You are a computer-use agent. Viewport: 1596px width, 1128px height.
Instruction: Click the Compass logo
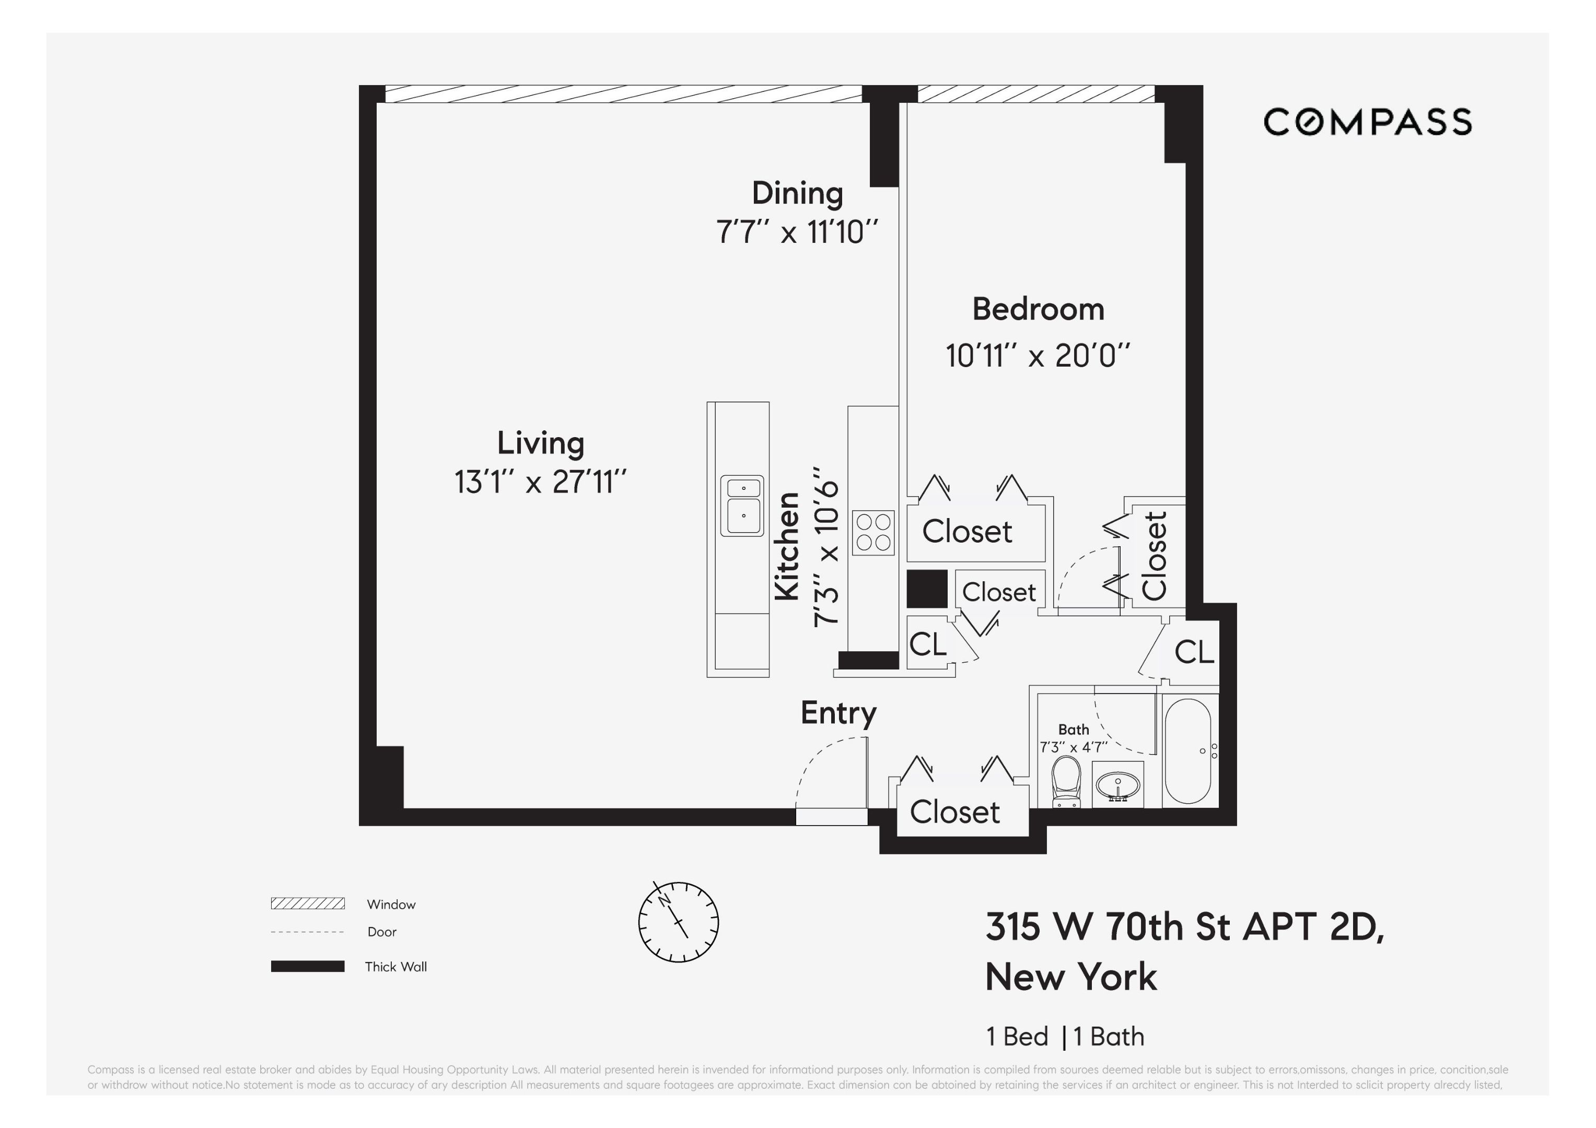pos(1367,122)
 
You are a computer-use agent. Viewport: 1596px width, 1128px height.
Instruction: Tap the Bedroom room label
pos(1038,309)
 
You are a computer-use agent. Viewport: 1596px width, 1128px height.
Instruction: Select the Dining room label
pos(797,193)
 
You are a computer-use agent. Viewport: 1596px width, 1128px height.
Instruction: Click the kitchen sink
pos(742,506)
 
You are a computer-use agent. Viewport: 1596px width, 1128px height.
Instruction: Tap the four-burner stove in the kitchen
pos(873,532)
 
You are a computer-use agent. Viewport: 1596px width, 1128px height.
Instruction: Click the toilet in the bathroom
pos(1066,781)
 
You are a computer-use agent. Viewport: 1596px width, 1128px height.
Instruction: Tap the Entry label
pos(838,713)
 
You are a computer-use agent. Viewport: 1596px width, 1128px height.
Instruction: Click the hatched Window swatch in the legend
pos(307,903)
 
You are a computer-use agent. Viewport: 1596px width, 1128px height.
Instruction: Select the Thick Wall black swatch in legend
pos(307,966)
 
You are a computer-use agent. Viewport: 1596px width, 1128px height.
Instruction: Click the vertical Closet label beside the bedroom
pos(1155,556)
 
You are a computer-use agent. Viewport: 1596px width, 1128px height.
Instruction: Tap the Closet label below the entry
pos(954,812)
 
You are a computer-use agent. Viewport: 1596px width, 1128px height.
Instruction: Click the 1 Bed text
pos(1017,1036)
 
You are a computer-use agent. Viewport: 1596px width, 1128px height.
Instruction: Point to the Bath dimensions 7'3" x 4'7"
pos(1073,748)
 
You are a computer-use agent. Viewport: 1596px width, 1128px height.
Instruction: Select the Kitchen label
pos(788,546)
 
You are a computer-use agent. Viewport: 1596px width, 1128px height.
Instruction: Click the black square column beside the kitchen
pos(927,589)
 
